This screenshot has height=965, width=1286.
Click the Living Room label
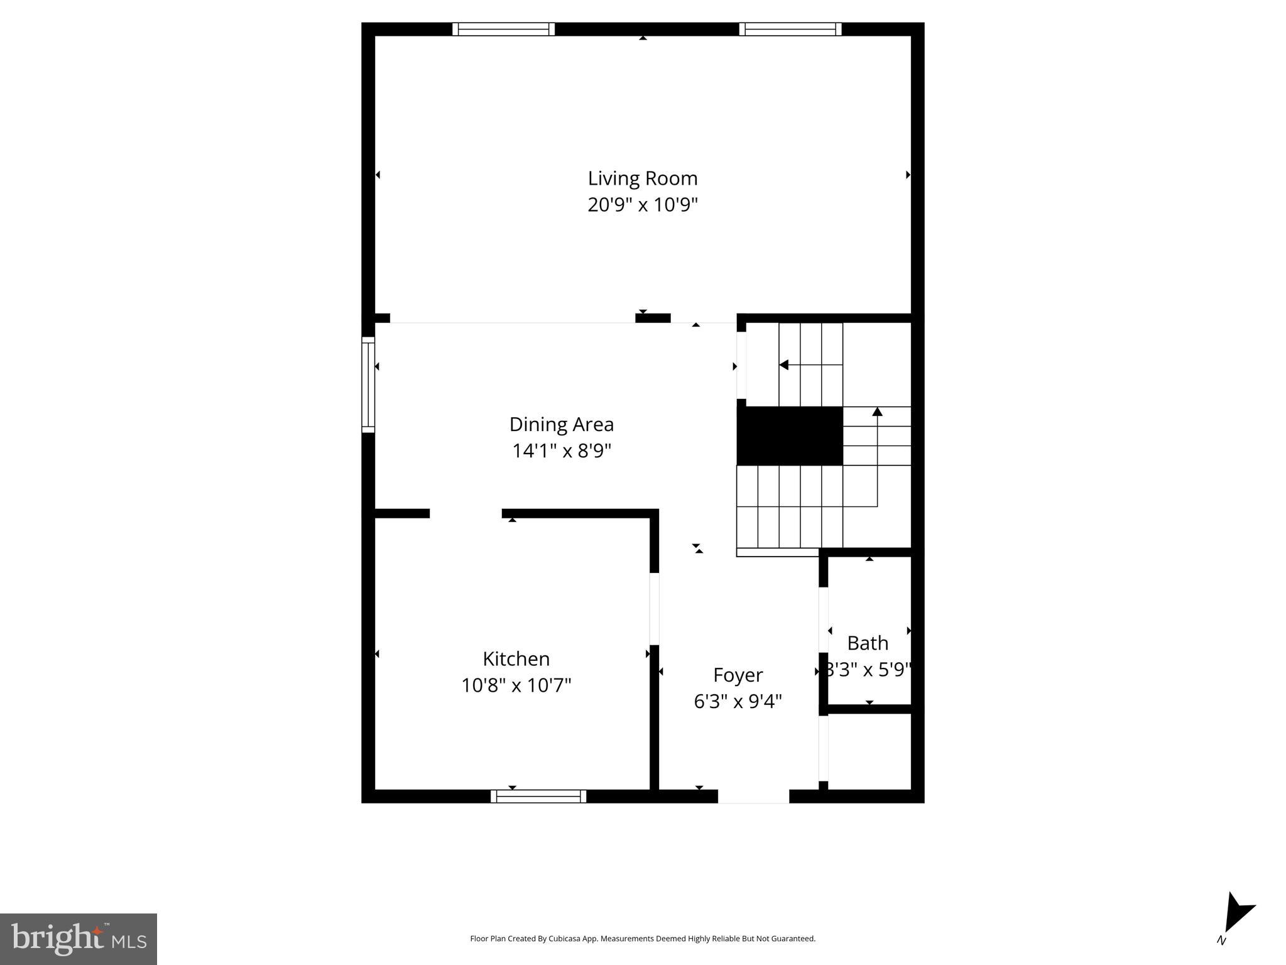click(x=642, y=178)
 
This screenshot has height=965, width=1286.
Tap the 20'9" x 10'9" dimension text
click(x=642, y=205)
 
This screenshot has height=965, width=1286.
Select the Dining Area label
click(x=561, y=425)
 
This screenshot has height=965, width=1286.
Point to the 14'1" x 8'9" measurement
click(x=561, y=451)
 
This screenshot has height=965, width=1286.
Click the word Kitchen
click(x=516, y=659)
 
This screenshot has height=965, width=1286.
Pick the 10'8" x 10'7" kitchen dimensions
click(x=516, y=685)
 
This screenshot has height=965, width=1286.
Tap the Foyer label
click(x=738, y=675)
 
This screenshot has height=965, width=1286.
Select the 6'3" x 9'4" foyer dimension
click(x=738, y=701)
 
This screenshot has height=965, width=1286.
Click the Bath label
click(x=868, y=643)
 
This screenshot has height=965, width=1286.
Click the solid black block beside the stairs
click(x=789, y=436)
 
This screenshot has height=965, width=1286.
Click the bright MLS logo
click(x=79, y=939)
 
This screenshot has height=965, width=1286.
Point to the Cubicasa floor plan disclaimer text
click(x=642, y=939)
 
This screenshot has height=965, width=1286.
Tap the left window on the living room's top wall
click(x=503, y=29)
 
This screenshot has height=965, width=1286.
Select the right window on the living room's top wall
click(x=790, y=29)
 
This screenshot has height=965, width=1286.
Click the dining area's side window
click(x=368, y=384)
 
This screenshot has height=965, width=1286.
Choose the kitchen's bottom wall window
click(x=538, y=797)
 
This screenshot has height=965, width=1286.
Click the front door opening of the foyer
click(x=753, y=797)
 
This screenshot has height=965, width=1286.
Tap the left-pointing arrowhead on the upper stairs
click(x=783, y=364)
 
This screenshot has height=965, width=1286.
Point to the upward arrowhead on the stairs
click(x=877, y=412)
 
